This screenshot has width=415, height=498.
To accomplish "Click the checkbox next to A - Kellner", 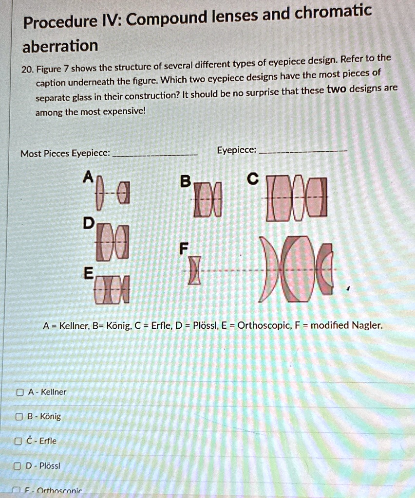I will click(x=19, y=392).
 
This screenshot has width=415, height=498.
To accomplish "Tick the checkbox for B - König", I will click(x=19, y=416).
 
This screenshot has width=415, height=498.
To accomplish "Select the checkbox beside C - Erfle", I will click(x=19, y=441).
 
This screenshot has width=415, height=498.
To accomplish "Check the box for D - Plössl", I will click(x=19, y=465).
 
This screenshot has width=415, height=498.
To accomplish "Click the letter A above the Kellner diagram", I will click(x=88, y=178).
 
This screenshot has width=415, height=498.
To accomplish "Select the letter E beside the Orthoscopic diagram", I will click(x=88, y=273).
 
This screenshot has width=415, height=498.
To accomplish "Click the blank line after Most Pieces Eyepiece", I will click(x=155, y=154).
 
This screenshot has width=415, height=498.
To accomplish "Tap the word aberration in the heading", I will click(x=60, y=46).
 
